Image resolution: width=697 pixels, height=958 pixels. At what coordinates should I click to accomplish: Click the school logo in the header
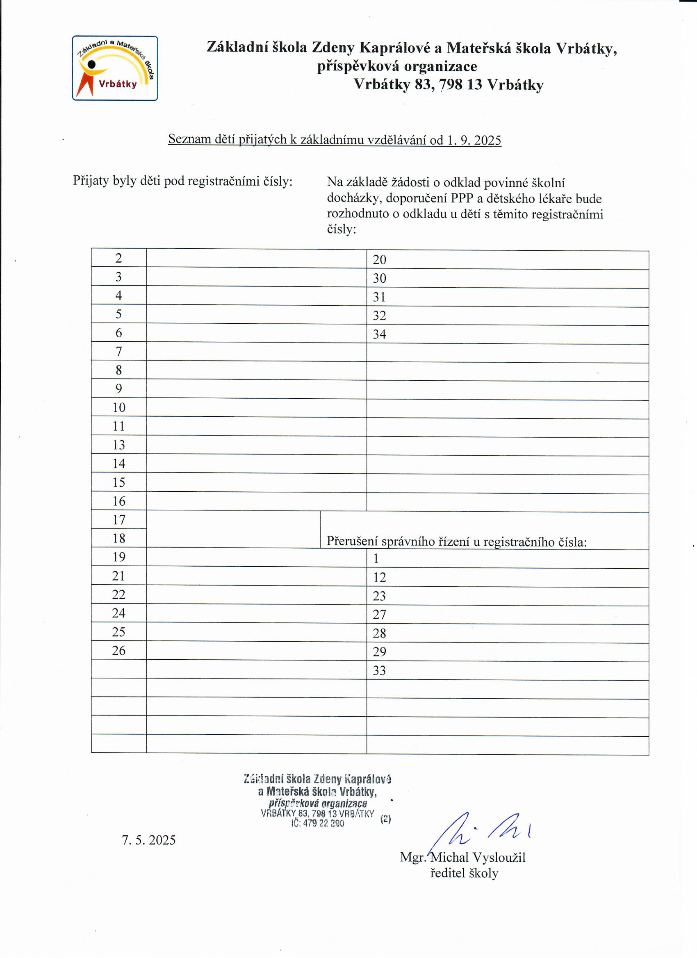pyautogui.click(x=114, y=68)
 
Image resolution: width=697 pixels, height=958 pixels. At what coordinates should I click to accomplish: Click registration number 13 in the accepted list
pyautogui.click(x=119, y=445)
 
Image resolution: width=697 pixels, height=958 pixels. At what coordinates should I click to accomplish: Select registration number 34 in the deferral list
pyautogui.click(x=379, y=334)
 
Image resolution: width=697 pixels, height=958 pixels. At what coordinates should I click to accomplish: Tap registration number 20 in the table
pyautogui.click(x=379, y=260)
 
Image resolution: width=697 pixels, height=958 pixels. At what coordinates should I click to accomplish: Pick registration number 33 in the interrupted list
pyautogui.click(x=379, y=671)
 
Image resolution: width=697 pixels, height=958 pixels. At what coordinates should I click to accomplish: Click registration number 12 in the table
pyautogui.click(x=379, y=577)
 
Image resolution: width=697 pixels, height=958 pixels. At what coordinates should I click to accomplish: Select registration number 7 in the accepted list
pyautogui.click(x=119, y=352)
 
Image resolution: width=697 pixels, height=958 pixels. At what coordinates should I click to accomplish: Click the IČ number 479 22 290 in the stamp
pyautogui.click(x=323, y=823)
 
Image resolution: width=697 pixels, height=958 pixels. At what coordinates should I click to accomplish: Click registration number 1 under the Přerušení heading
pyautogui.click(x=376, y=559)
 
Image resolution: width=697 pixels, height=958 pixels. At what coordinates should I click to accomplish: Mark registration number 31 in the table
pyautogui.click(x=379, y=297)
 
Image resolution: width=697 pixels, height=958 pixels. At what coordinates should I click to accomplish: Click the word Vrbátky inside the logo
pyautogui.click(x=118, y=84)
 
